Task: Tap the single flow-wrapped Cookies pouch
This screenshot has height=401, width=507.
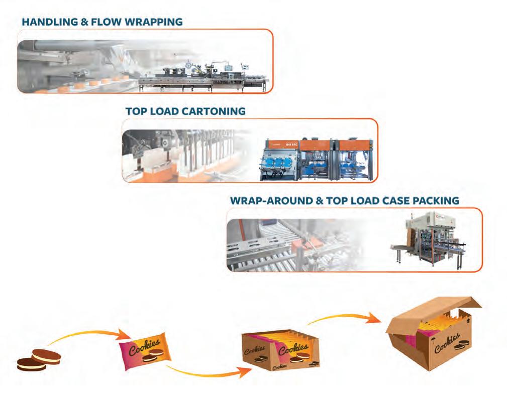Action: [146, 348]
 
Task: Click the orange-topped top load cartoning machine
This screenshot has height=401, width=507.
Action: [317, 158]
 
